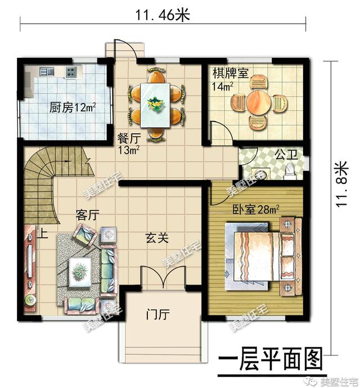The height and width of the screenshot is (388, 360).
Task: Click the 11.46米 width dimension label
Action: click(163, 15)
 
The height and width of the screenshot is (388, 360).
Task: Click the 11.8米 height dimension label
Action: click(341, 184)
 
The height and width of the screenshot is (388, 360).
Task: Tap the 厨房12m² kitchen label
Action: click(73, 107)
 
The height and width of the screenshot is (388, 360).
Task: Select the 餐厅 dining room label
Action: click(129, 138)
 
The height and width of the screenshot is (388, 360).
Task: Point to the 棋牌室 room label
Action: click(231, 73)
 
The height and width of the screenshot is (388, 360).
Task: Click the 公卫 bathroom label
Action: click(286, 155)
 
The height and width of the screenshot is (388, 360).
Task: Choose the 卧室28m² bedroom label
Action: click(256, 210)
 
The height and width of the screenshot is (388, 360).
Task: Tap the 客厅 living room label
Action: click(87, 215)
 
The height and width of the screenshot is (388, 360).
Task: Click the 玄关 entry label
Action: click(157, 238)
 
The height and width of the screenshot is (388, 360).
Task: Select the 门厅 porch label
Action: click(157, 315)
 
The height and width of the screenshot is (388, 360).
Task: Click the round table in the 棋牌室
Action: click(259, 102)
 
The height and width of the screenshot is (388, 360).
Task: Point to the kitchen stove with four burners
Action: click(71, 72)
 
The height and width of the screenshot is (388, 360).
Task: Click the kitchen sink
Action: click(47, 71)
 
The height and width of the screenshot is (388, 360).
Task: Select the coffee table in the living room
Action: click(80, 272)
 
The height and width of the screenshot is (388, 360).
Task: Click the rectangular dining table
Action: click(155, 105)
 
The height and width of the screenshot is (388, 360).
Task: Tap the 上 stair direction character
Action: click(43, 233)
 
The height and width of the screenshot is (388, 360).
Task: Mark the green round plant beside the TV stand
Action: click(30, 300)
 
